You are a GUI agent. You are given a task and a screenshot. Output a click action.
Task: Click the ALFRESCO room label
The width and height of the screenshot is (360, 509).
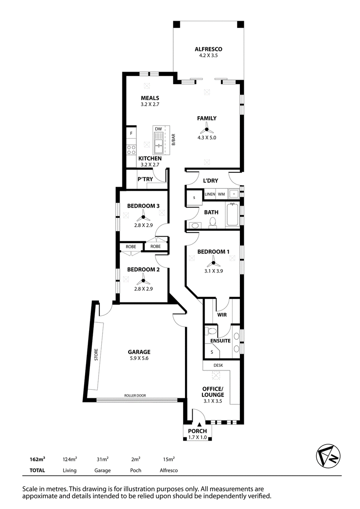coord(208,50)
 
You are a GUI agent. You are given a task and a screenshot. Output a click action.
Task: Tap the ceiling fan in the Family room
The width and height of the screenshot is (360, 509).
coord(207,129)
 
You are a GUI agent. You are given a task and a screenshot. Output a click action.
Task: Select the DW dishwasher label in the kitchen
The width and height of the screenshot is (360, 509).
coord(158,129)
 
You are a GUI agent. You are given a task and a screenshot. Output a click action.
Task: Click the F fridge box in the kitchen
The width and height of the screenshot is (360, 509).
coord(131,133)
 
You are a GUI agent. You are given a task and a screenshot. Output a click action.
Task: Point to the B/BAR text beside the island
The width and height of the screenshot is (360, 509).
coord(173,140)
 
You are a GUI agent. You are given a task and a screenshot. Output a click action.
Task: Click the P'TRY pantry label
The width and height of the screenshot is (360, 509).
coord(145,179)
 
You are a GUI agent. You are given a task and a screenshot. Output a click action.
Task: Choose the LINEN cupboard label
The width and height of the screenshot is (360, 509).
coord(210,194)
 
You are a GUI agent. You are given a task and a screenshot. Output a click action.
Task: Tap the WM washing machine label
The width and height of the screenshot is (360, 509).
coord(221,194)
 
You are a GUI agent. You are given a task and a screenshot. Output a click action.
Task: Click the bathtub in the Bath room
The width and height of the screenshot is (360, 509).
coord(233,214)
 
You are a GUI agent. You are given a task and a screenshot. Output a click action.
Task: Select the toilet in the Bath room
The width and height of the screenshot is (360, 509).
coord(213,223)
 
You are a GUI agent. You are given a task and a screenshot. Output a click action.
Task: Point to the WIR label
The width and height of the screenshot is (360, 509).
coord(222,315)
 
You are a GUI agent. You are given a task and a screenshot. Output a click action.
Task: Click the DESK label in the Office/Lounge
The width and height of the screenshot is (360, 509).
coord(218,365)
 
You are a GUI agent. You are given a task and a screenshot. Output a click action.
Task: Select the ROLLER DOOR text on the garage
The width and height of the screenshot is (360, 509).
coord(135,396)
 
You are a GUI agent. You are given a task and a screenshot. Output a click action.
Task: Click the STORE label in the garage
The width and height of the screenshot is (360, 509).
coord(96,355)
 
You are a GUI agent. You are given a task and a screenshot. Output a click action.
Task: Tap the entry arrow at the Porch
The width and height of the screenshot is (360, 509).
coord(199,424)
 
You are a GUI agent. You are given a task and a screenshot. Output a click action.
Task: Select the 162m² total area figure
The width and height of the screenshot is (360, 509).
coord(37,459)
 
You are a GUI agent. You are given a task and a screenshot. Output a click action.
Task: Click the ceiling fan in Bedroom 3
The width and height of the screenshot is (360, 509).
coord(143,216)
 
